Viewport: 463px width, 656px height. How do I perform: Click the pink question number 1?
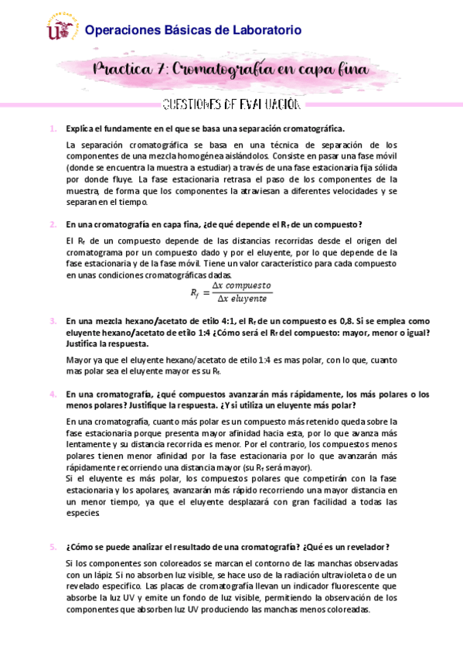tap(53, 128)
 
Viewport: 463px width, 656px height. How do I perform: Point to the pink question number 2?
tap(53, 224)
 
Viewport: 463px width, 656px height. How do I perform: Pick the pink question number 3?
tap(53, 321)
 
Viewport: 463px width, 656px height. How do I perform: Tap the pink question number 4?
tap(53, 394)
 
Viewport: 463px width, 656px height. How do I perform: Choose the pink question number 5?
tap(53, 547)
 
